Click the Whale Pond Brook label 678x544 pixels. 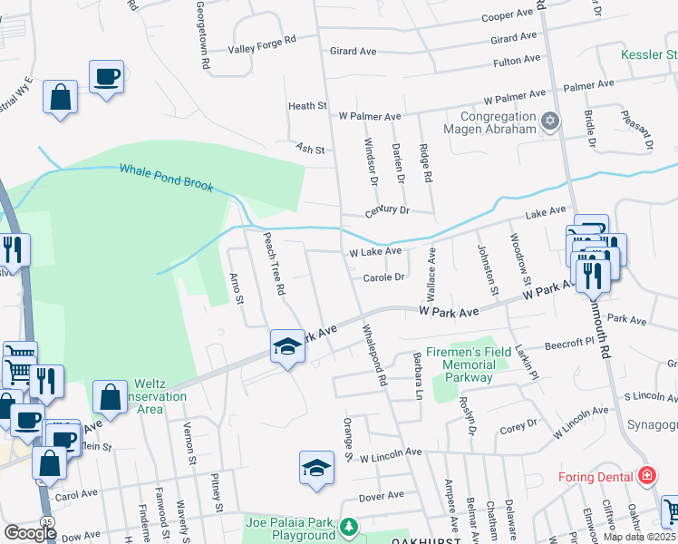[x=166, y=178]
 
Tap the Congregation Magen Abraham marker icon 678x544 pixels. [x=549, y=121]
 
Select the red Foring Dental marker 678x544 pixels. [x=646, y=475]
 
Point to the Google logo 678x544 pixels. [x=30, y=533]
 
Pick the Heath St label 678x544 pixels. [x=307, y=106]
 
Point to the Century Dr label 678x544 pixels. [x=387, y=209]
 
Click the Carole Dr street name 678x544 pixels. [x=383, y=277]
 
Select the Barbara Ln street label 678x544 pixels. [x=419, y=375]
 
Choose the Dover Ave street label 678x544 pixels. [x=381, y=495]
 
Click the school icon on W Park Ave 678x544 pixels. [x=287, y=346]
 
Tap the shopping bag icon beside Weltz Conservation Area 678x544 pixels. [x=110, y=397]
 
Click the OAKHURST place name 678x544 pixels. [x=421, y=540]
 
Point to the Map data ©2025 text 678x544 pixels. [x=635, y=537]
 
